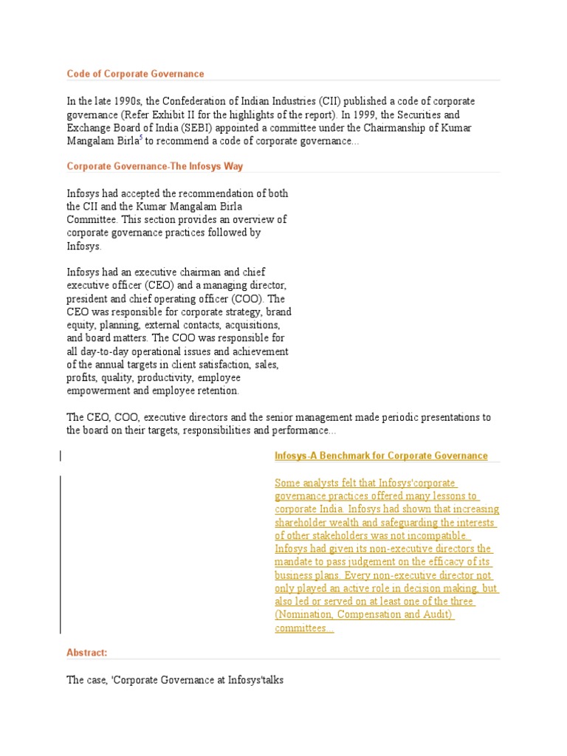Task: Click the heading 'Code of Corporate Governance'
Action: pyautogui.click(x=135, y=74)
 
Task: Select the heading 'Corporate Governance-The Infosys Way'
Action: pyautogui.click(x=155, y=166)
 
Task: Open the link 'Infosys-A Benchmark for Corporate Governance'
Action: pyautogui.click(x=381, y=456)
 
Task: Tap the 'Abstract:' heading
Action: pyautogui.click(x=87, y=653)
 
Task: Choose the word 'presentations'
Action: pyautogui.click(x=423, y=417)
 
